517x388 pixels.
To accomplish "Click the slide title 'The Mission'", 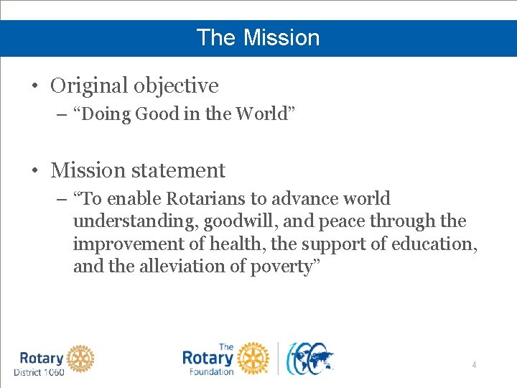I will [x=258, y=37].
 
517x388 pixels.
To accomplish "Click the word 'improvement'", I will [x=126, y=244].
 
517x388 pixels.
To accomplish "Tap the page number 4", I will [x=474, y=365].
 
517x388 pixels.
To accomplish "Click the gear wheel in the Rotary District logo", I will [x=81, y=358].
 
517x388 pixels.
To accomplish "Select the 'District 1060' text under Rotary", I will [x=39, y=372].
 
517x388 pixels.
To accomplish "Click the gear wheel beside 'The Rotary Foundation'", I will [x=252, y=358].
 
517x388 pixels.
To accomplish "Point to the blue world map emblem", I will [x=310, y=358].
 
